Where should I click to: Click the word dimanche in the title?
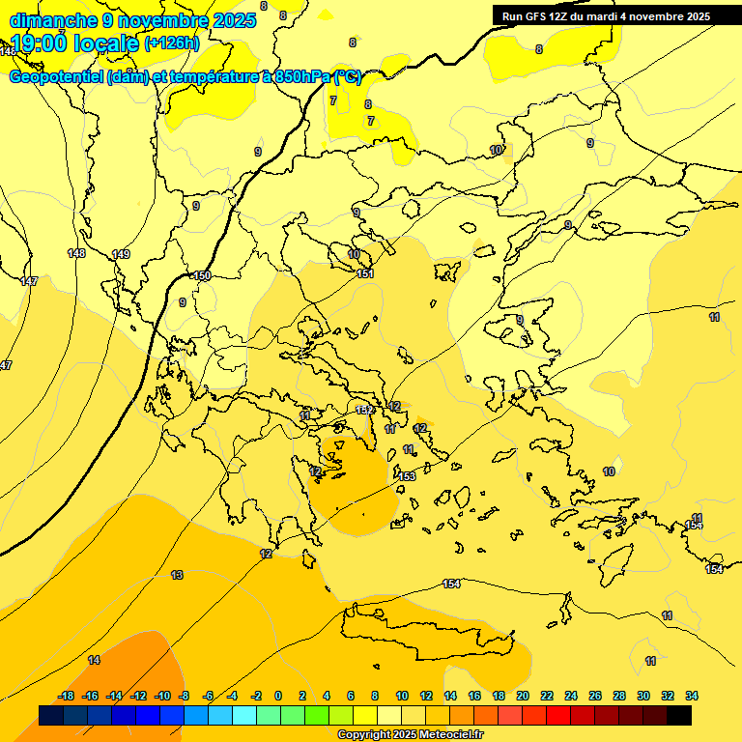tap(53, 20)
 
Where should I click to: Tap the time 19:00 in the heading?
tap(39, 43)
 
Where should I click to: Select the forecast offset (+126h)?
tap(172, 43)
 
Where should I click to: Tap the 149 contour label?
tap(121, 254)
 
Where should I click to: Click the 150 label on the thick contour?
tap(201, 276)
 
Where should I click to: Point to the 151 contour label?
tap(365, 274)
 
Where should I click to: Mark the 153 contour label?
tap(407, 476)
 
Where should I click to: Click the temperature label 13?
tap(177, 575)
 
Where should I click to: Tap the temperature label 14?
tap(94, 660)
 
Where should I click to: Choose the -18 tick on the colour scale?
tap(67, 696)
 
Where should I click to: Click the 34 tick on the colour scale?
tap(691, 696)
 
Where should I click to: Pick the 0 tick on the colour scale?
tap(278, 696)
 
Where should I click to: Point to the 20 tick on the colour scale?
tap(523, 696)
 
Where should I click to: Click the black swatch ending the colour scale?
tap(679, 715)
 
